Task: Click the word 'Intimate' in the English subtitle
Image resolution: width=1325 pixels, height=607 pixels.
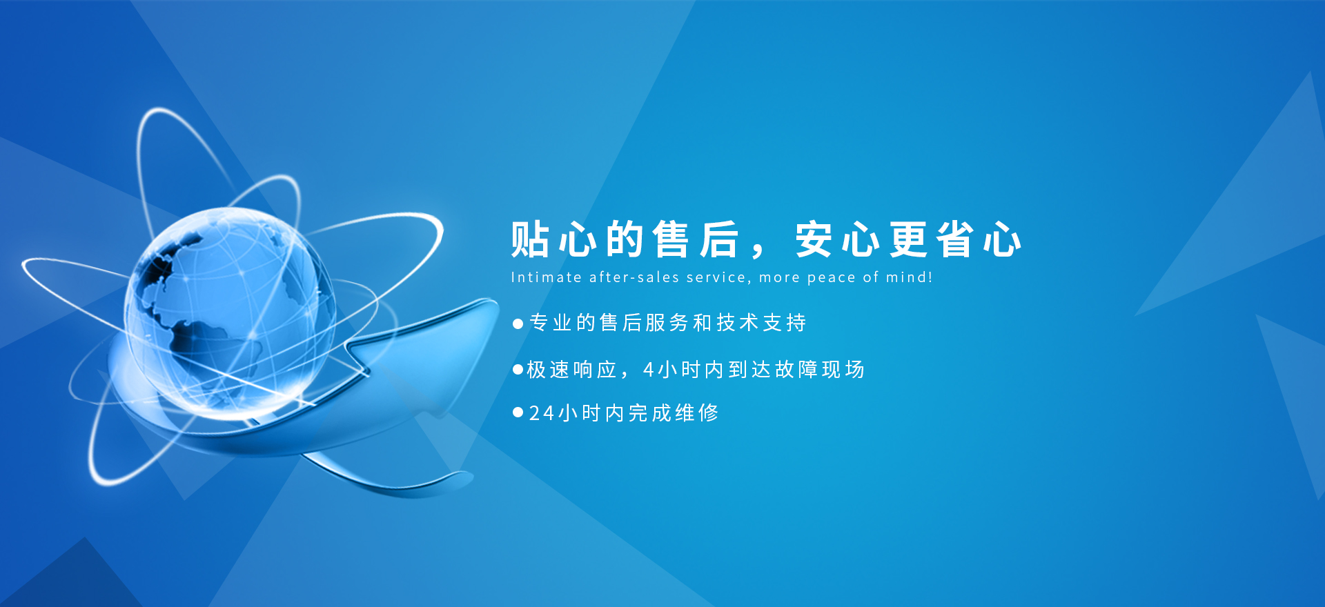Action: click(546, 277)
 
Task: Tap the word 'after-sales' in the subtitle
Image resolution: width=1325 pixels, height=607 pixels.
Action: click(634, 277)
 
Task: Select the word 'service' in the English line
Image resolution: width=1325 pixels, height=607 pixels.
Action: click(718, 278)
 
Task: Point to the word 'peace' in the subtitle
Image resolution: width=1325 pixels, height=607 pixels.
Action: click(832, 279)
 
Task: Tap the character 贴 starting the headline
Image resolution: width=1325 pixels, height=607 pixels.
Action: click(530, 239)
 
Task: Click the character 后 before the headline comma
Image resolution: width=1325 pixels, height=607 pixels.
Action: click(718, 239)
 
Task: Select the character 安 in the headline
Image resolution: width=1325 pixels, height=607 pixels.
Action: click(814, 239)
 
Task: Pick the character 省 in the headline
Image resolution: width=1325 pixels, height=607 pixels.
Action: click(955, 239)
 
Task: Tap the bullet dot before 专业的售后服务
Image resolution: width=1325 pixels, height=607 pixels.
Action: click(518, 324)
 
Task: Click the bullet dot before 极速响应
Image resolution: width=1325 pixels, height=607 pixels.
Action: click(518, 370)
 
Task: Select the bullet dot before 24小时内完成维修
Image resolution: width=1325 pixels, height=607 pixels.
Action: click(518, 412)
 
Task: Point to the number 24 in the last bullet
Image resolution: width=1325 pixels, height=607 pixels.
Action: click(542, 413)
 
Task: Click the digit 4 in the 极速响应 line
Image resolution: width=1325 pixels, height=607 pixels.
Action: click(649, 370)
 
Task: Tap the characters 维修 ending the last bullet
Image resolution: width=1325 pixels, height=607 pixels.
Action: click(697, 412)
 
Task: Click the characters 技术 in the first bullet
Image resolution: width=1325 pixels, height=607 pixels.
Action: click(738, 322)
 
